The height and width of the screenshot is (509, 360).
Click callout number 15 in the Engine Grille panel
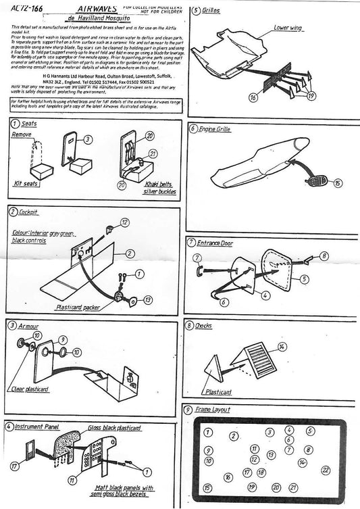(337, 183)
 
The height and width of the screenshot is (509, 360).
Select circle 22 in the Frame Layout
(326, 470)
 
